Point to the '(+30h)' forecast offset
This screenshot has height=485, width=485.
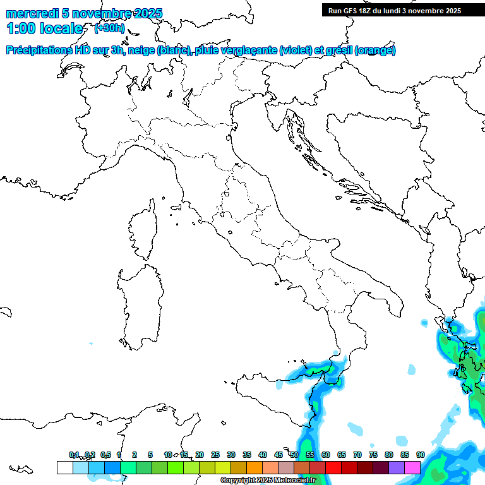click(109, 28)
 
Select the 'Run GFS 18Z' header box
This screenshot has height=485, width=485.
click(395, 10)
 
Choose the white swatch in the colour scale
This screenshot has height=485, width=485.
click(64, 467)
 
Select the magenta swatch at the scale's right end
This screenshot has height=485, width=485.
click(412, 467)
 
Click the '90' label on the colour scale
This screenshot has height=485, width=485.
click(421, 455)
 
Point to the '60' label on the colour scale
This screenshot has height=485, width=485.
click(326, 455)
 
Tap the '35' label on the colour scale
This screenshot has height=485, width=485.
click(247, 455)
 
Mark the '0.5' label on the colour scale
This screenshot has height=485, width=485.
click(105, 455)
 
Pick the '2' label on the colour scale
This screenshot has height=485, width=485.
click(135, 455)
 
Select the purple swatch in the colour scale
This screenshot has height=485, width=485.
click(397, 467)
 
